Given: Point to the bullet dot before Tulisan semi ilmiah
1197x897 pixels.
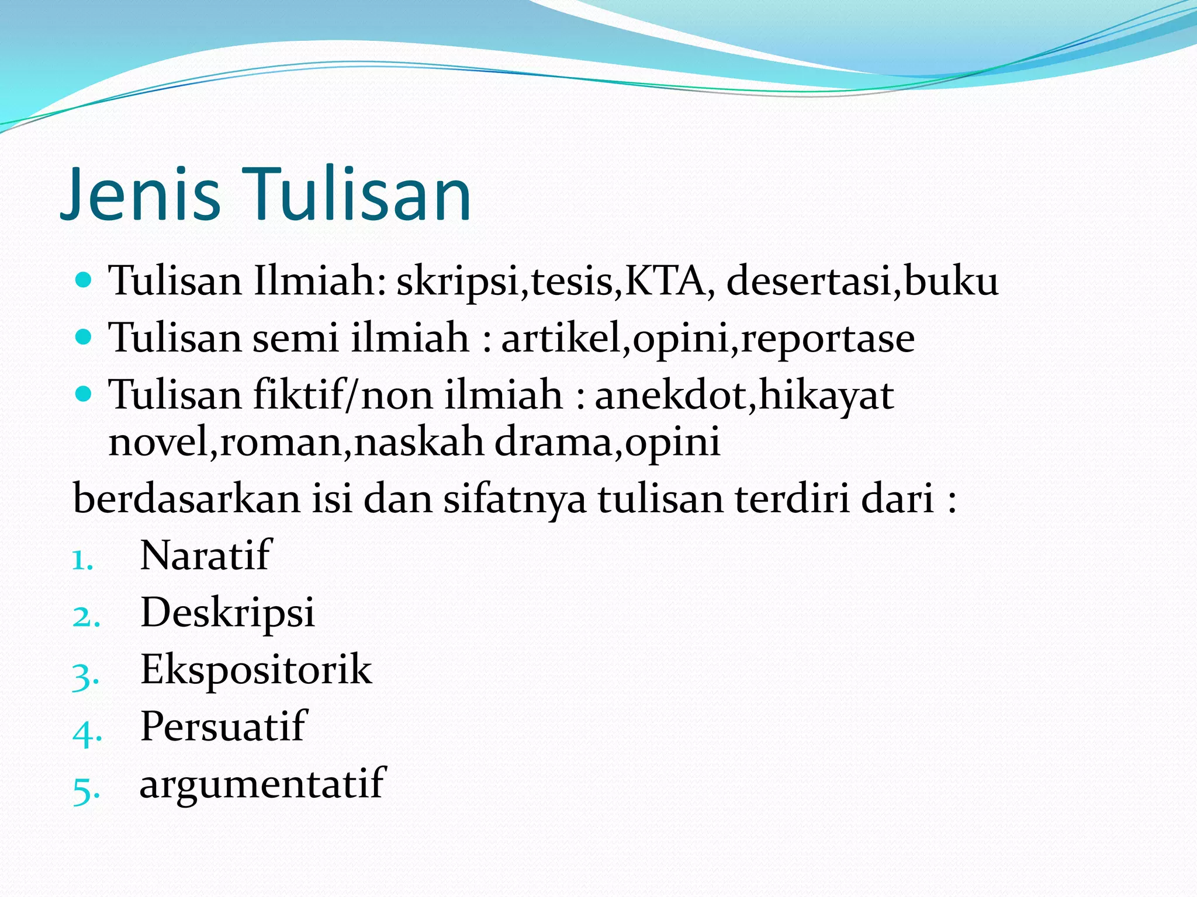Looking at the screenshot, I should pos(85,337).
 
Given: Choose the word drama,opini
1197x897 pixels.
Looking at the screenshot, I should pos(607,443).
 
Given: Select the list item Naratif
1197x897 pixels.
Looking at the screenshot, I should pos(206,555).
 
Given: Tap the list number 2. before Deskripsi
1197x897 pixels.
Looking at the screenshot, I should pos(87,617).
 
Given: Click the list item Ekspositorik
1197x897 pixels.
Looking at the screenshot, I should pos(256,669).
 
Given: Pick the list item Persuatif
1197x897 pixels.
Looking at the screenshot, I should pos(223,726).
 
